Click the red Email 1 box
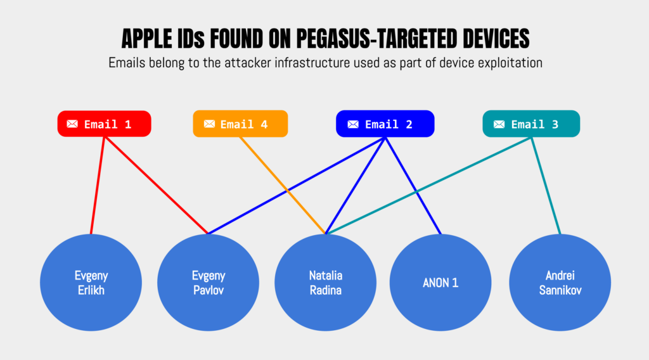(105, 124)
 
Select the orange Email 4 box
(240, 124)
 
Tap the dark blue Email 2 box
(385, 124)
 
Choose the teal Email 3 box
(531, 124)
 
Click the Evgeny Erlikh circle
(91, 283)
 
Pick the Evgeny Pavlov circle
(208, 283)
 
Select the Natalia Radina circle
(325, 283)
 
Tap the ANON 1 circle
(440, 283)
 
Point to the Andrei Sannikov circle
(560, 283)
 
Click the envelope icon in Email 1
(72, 124)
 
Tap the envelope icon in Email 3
(499, 124)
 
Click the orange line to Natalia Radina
(282, 184)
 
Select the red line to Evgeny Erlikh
(98, 184)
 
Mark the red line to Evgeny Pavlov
(156, 184)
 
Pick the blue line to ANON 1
(413, 184)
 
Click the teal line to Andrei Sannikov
(546, 184)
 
